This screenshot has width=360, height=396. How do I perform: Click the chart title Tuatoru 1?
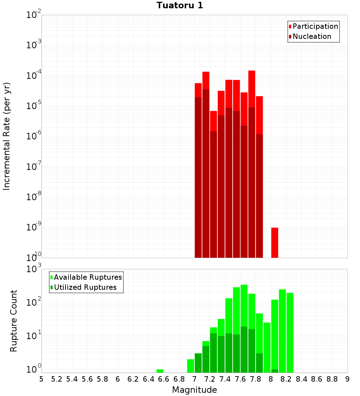(x=180, y=5)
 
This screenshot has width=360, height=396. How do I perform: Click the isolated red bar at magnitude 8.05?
(x=275, y=243)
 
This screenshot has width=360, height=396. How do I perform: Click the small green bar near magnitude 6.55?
(x=160, y=371)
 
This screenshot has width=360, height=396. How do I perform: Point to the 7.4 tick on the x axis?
(x=225, y=379)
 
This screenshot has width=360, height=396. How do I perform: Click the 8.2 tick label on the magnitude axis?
(x=286, y=379)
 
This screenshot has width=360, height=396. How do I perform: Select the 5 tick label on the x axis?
(x=41, y=379)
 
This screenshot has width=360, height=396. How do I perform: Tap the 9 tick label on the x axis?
(x=347, y=379)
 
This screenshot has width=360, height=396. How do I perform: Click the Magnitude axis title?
(x=194, y=390)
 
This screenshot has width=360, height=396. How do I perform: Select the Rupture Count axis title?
(x=14, y=320)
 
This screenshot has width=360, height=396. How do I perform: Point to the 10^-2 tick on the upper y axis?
(x=34, y=15)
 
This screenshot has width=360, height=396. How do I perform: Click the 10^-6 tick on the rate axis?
(x=34, y=136)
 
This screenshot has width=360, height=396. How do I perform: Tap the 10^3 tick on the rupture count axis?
(x=34, y=269)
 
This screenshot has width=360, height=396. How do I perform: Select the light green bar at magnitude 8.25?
(x=290, y=331)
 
